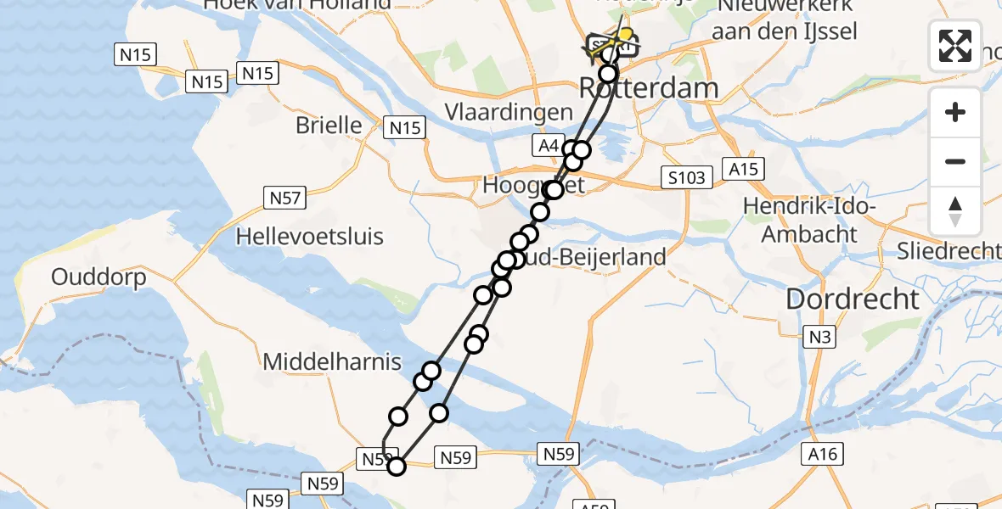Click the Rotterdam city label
pyautogui.click(x=648, y=87)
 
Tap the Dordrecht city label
pyautogui.click(x=852, y=299)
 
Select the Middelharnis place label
pyautogui.click(x=332, y=362)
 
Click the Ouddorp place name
pyautogui.click(x=99, y=277)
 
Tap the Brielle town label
pyautogui.click(x=329, y=126)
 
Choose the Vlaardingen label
pyautogui.click(x=509, y=113)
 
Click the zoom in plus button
pyautogui.click(x=955, y=112)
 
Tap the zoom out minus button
pyautogui.click(x=955, y=161)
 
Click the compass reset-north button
pyautogui.click(x=955, y=211)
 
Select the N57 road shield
pyautogui.click(x=286, y=199)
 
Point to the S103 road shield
pyautogui.click(x=685, y=177)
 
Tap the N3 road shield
pyautogui.click(x=819, y=338)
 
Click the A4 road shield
pyautogui.click(x=548, y=147)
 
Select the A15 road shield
pyautogui.click(x=744, y=168)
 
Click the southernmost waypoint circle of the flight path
pyautogui.click(x=396, y=465)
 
